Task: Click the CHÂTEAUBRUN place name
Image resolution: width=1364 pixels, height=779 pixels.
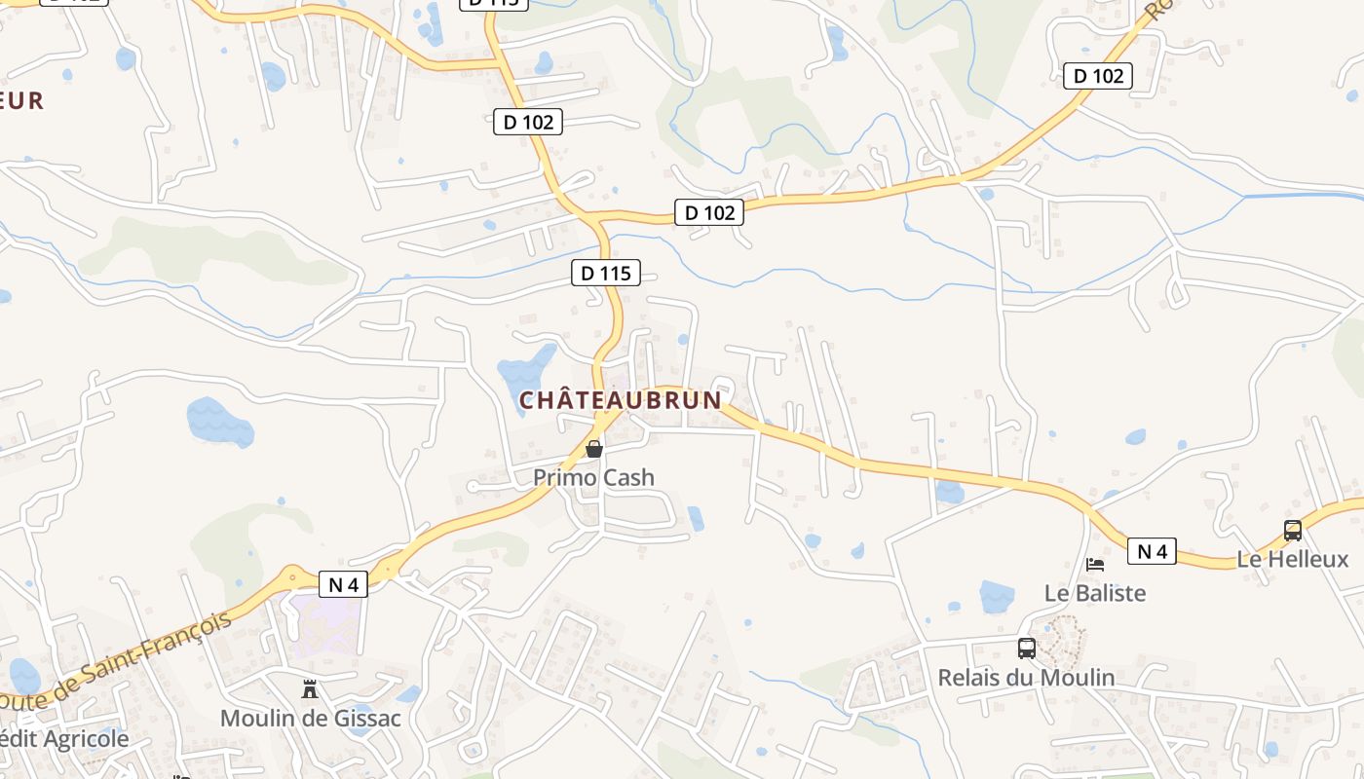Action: [x=621, y=400]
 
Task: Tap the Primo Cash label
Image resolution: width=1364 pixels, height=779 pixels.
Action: [x=593, y=477]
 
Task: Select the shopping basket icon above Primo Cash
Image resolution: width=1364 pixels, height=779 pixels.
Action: [x=593, y=449]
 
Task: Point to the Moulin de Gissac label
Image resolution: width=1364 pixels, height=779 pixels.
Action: [x=310, y=719]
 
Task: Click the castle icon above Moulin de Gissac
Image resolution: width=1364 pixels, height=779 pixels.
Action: [x=310, y=689]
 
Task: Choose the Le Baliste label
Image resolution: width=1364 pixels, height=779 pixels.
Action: [x=1095, y=593]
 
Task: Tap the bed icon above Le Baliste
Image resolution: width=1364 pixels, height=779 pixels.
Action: [x=1095, y=565]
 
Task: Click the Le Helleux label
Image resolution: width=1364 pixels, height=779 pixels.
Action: [x=1293, y=559]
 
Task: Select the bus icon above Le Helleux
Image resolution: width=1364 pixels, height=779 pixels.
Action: [x=1293, y=531]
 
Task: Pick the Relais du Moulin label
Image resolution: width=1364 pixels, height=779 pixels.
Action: [x=1026, y=677]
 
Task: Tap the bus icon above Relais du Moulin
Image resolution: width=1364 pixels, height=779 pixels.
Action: [x=1026, y=648]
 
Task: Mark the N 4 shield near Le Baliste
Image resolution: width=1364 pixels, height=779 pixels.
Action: [x=1152, y=552]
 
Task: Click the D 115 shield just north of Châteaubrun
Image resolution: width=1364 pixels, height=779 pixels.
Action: [x=606, y=274]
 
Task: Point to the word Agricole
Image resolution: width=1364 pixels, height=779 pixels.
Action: [x=83, y=739]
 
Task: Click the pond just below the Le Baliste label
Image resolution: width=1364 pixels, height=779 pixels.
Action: [x=997, y=596]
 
